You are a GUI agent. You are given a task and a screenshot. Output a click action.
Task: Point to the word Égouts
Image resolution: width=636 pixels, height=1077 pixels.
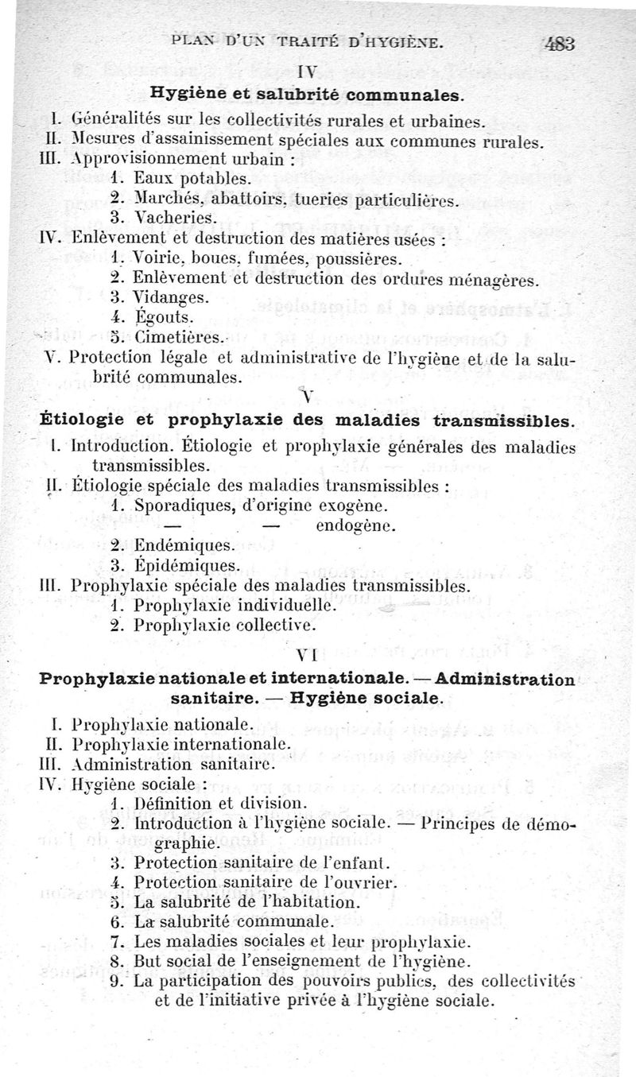(165, 317)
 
